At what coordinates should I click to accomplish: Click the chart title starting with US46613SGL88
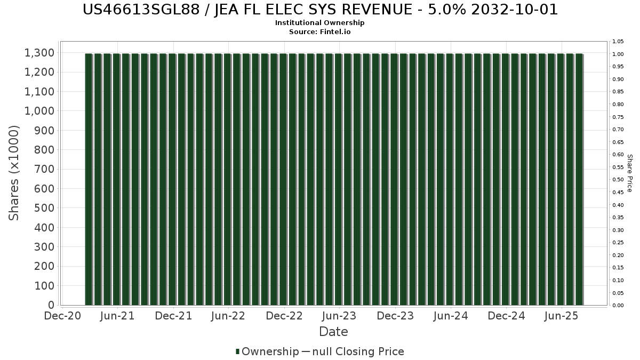point(320,10)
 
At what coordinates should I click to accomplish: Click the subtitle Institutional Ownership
point(320,23)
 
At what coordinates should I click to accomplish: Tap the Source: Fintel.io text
point(320,31)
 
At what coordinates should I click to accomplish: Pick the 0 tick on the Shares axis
point(51,305)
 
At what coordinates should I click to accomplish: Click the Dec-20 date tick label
point(62,316)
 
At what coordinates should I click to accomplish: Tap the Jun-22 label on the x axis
point(228,316)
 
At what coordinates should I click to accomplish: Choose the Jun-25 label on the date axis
point(561,316)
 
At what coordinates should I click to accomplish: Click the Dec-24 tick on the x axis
point(506,316)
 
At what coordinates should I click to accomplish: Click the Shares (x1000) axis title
point(14,173)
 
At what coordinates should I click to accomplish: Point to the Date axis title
point(333,332)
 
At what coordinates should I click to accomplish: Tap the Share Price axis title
point(629,173)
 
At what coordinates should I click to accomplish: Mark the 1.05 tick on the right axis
point(618,42)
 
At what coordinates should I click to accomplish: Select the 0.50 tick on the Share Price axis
point(618,180)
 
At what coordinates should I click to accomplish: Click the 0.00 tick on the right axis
point(618,306)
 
